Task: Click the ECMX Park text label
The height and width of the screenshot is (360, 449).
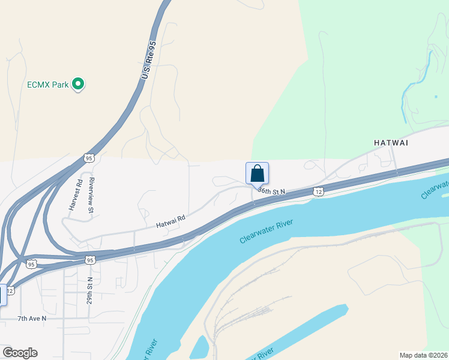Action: pyautogui.click(x=48, y=85)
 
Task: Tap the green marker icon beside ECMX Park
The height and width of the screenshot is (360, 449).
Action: pyautogui.click(x=77, y=85)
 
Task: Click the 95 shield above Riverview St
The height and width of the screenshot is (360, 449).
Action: pyautogui.click(x=89, y=158)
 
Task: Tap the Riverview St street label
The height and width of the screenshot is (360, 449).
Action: pyautogui.click(x=91, y=195)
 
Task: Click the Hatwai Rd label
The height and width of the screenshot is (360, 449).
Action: pyautogui.click(x=170, y=222)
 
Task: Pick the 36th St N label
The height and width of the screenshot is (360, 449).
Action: pyautogui.click(x=271, y=190)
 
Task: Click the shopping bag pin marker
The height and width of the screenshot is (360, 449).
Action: pyautogui.click(x=257, y=174)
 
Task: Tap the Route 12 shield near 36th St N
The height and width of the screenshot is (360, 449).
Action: pyautogui.click(x=318, y=191)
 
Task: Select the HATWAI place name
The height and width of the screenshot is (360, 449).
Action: pyautogui.click(x=391, y=143)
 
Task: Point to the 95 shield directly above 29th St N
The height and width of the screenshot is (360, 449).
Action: pyautogui.click(x=89, y=260)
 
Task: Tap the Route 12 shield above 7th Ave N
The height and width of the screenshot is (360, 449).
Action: pyautogui.click(x=10, y=290)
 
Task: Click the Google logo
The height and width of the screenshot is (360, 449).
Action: pyautogui.click(x=20, y=353)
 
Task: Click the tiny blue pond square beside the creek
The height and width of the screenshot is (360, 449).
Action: pyautogui.click(x=436, y=96)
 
